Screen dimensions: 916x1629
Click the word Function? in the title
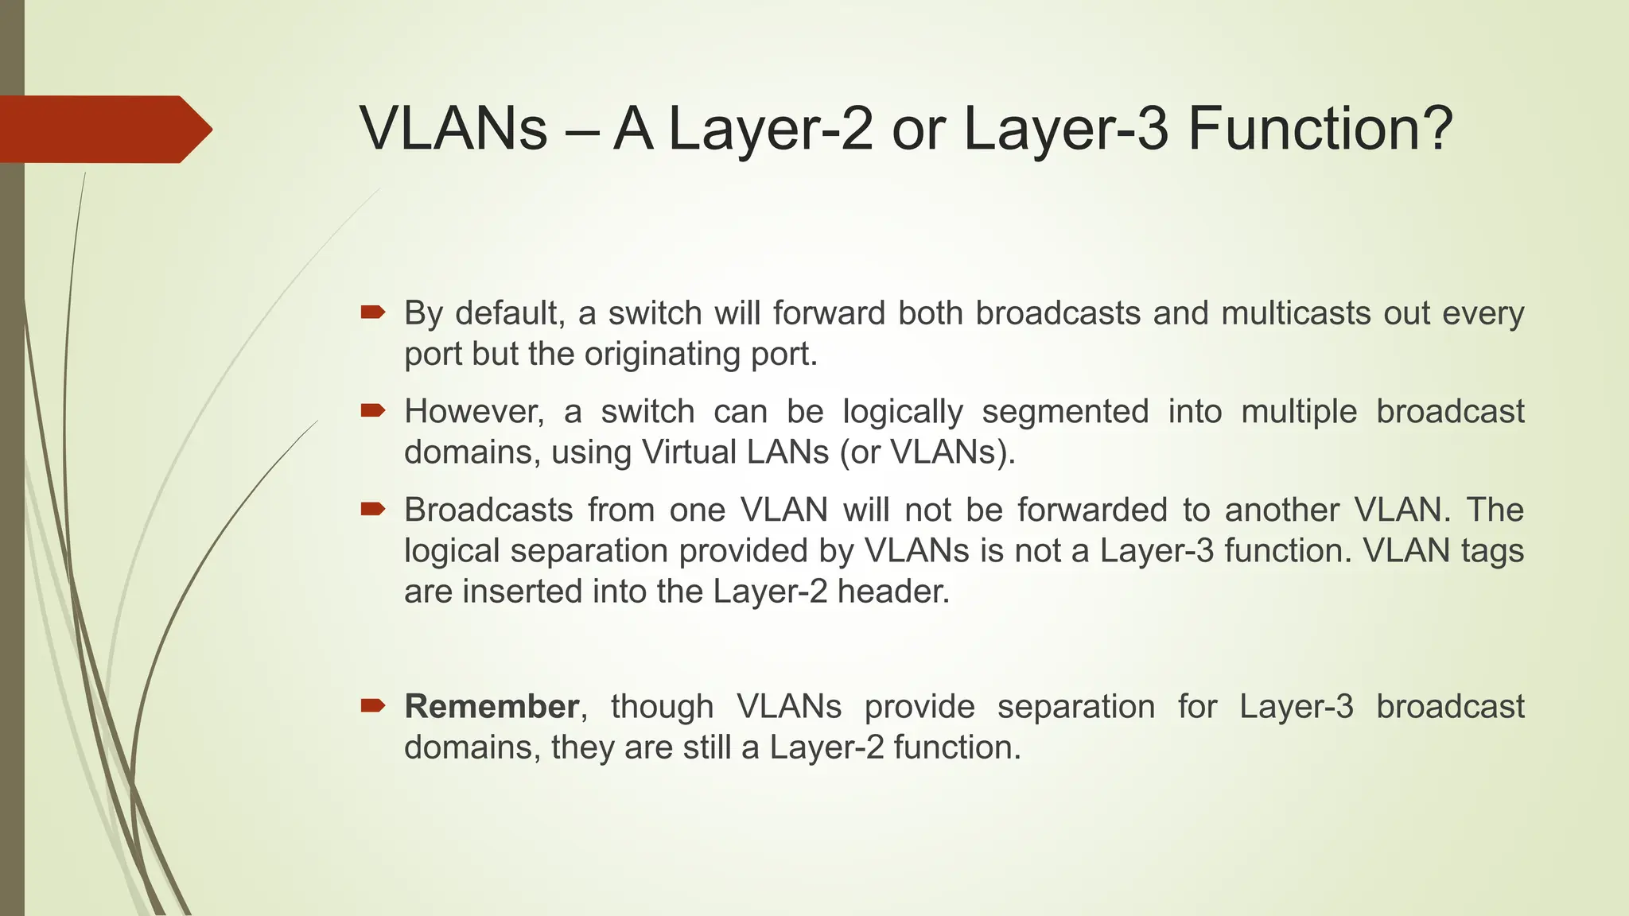pyautogui.click(x=1320, y=129)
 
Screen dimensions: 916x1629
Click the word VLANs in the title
pyautogui.click(x=453, y=129)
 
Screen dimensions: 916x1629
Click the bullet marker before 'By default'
pyautogui.click(x=372, y=312)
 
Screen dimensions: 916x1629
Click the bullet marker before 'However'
pyautogui.click(x=372, y=410)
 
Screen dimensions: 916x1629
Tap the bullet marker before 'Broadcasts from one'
pyautogui.click(x=372, y=509)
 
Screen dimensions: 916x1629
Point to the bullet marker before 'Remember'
pyautogui.click(x=372, y=705)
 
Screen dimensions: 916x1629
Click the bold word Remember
pyautogui.click(x=491, y=706)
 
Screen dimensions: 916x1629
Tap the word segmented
pyautogui.click(x=1064, y=412)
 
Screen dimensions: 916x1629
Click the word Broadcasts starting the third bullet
pyautogui.click(x=488, y=510)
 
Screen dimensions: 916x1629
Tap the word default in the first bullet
pyautogui.click(x=510, y=313)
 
